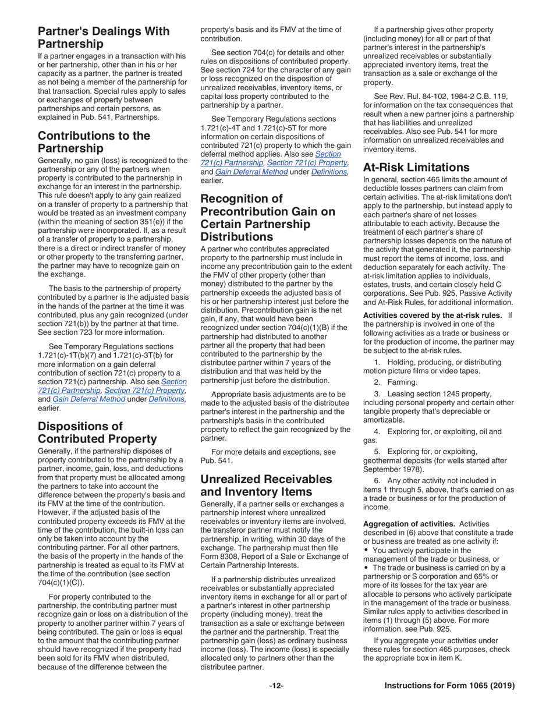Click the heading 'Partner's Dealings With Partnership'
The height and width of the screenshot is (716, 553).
104,38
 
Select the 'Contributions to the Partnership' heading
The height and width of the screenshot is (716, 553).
94,143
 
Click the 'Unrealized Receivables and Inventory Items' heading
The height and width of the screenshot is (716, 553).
274,486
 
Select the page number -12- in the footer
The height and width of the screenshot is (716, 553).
276,686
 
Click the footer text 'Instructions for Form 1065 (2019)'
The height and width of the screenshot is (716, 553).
449,686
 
